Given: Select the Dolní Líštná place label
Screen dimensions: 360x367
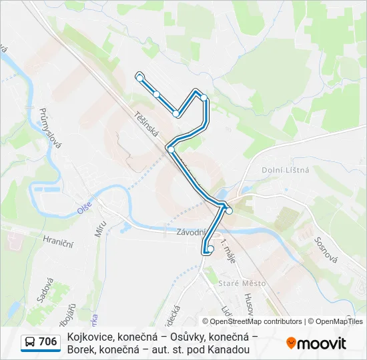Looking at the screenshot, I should pos(286,170).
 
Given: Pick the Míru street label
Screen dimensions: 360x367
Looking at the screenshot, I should pos(101,229).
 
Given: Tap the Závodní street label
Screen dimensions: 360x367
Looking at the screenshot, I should pos(191,233).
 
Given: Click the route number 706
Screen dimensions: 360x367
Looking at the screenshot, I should pos(48,343).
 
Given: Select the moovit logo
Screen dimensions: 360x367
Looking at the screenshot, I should pos(316,343).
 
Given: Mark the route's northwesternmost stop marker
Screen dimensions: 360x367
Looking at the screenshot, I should pos(139,78).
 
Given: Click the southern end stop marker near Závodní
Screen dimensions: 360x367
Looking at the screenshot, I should pos(210,249).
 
